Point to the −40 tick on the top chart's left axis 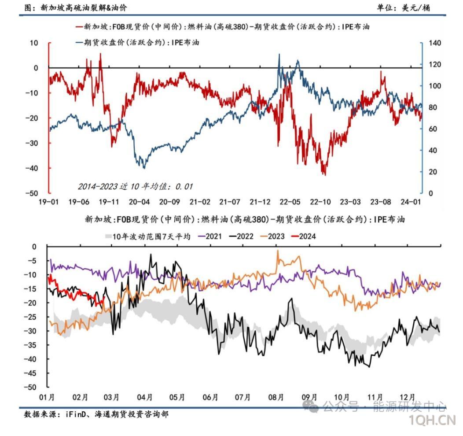(x=34, y=168)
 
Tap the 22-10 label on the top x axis (x=320, y=202)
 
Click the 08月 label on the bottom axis (x=276, y=397)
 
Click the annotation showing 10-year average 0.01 (x=136, y=186)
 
